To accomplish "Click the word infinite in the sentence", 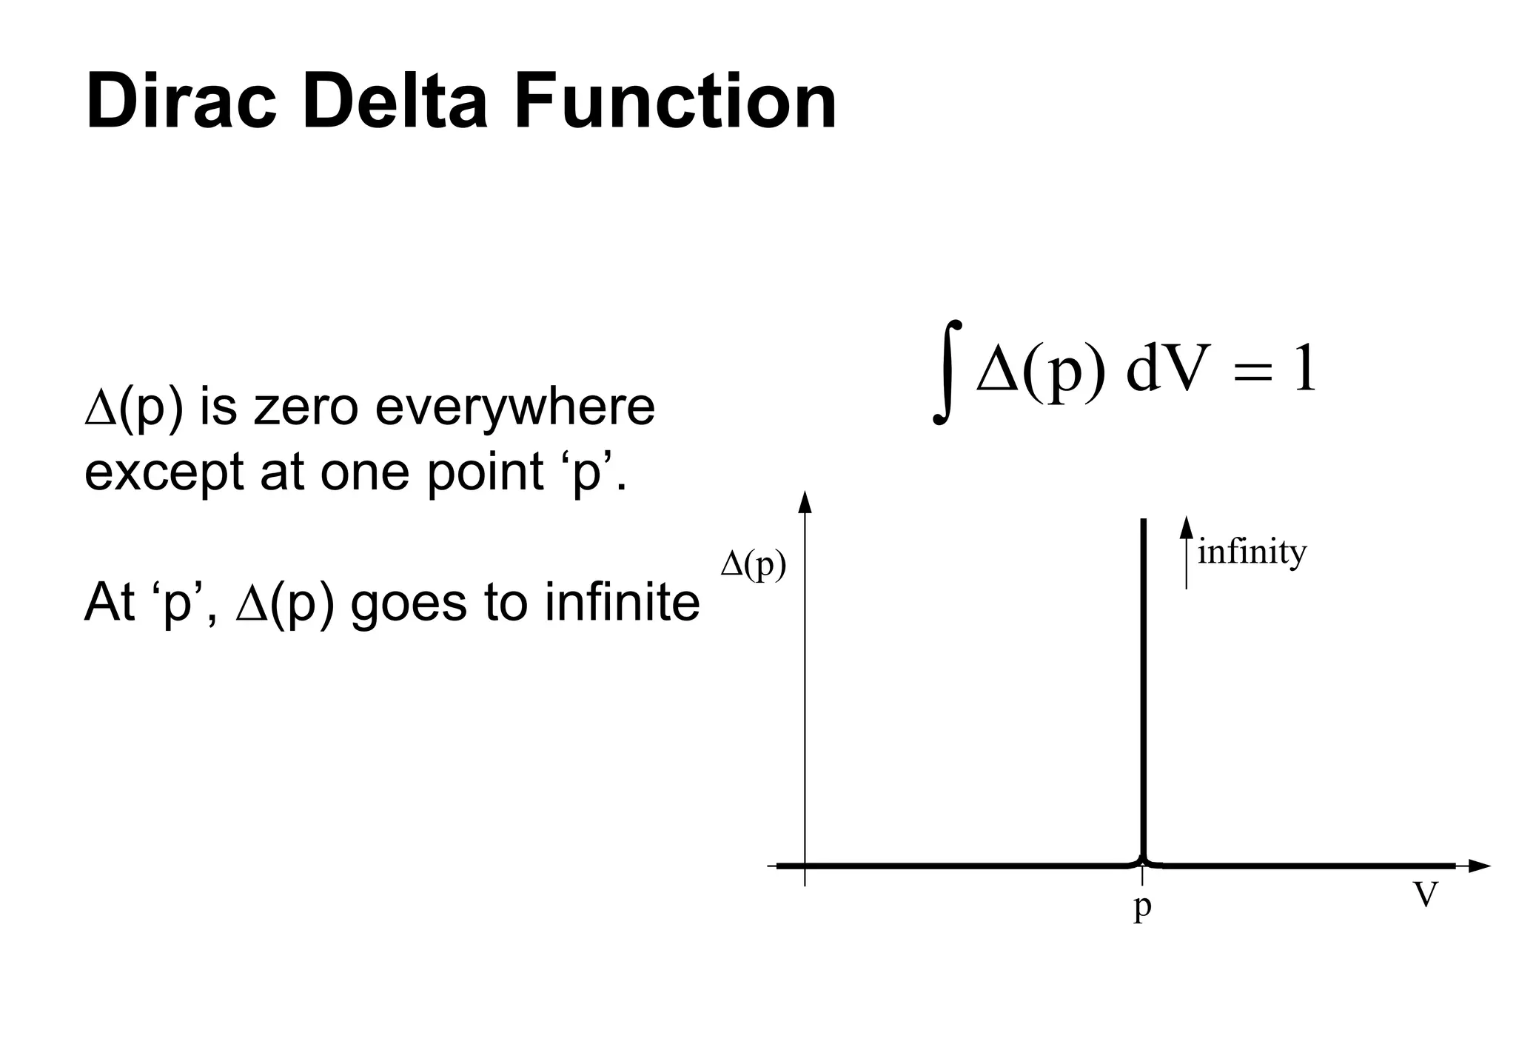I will coord(622,602).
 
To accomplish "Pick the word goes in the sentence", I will coord(409,603).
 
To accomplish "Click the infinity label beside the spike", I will coord(1252,552).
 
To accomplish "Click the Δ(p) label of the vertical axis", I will coord(754,566).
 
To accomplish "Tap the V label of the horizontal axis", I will coord(1426,894).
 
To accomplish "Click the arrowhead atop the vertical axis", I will coord(805,502).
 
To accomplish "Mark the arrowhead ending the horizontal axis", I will coord(1478,866).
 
